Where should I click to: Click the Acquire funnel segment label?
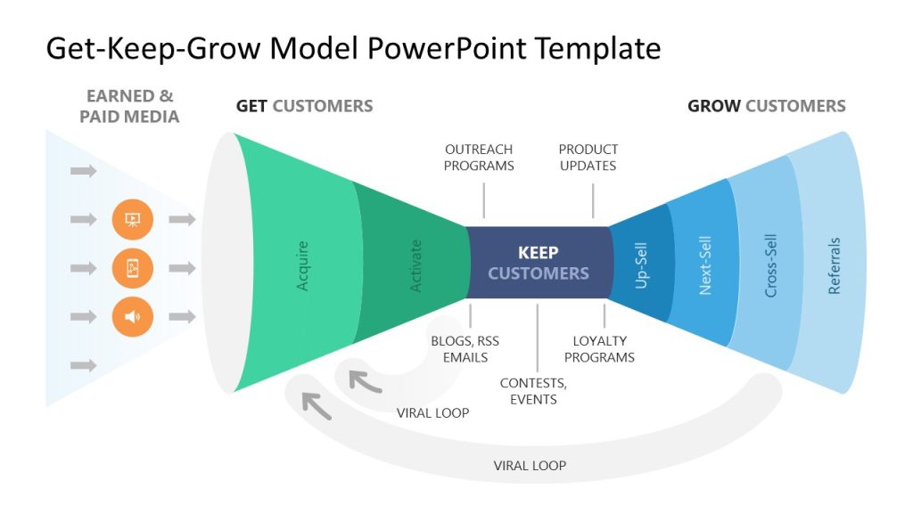[303, 265]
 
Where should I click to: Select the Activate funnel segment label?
[415, 265]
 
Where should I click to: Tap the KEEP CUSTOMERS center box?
[539, 263]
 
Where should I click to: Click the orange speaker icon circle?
[132, 316]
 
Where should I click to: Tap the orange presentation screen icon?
[132, 219]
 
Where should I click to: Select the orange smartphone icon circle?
[132, 267]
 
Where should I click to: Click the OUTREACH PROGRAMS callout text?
[479, 158]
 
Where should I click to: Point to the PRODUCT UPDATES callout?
[588, 158]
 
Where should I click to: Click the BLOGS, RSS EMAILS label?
[465, 348]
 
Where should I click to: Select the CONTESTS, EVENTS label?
[533, 391]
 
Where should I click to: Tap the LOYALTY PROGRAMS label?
[604, 348]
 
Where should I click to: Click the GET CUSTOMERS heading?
[304, 106]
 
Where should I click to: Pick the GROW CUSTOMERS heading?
[766, 106]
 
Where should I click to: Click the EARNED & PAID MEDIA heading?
[129, 106]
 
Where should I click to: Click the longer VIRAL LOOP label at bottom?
[530, 465]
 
